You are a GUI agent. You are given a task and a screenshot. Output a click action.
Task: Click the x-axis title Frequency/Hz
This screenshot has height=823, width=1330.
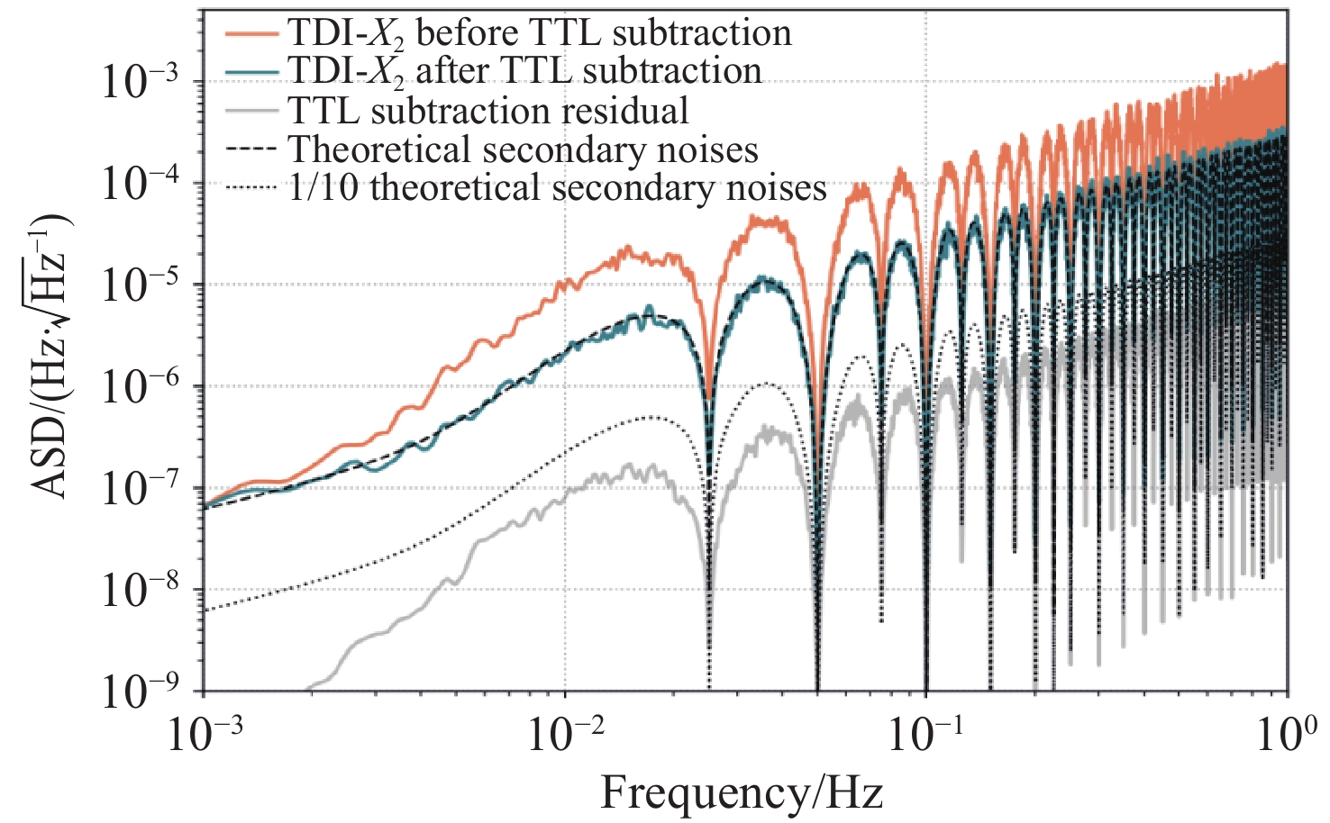click(742, 792)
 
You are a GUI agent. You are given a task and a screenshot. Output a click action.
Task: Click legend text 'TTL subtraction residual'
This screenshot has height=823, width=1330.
click(488, 112)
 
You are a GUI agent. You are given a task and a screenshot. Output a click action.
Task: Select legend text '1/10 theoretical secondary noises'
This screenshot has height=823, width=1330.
click(558, 188)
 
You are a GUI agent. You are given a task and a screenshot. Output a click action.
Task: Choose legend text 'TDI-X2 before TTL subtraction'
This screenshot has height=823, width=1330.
click(540, 34)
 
